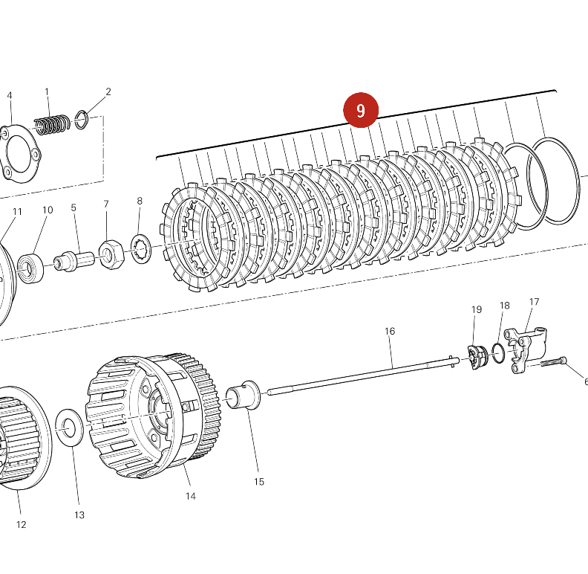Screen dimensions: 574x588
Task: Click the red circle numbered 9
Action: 361,111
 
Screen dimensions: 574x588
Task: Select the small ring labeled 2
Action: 82,118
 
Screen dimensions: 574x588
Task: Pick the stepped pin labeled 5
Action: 73,259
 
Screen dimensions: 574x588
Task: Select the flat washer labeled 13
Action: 70,428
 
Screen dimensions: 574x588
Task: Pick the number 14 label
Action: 191,496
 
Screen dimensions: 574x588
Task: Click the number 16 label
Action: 390,331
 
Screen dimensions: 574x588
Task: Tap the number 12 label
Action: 21,524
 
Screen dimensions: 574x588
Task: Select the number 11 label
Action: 17,212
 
